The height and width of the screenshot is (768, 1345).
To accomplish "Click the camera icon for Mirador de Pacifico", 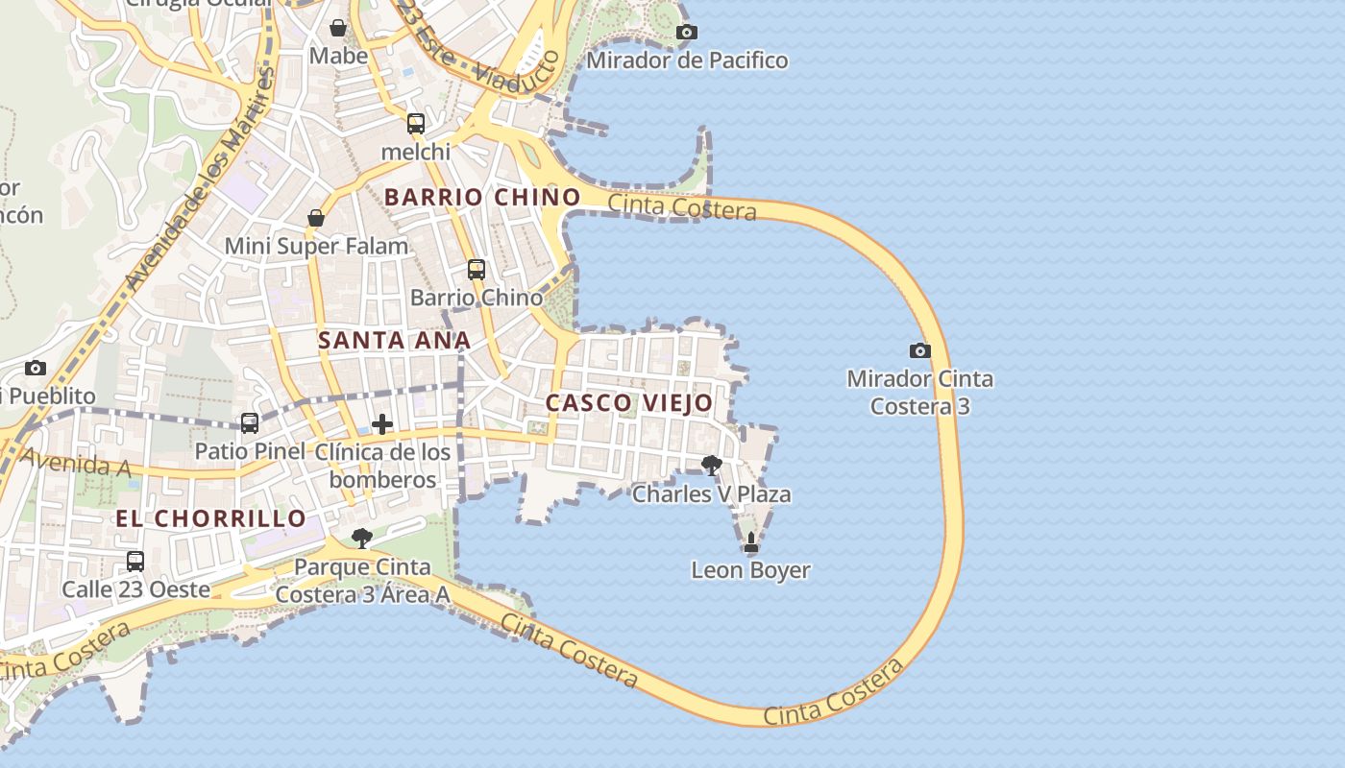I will tap(686, 33).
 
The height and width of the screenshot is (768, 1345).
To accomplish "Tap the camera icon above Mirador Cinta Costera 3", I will tap(919, 351).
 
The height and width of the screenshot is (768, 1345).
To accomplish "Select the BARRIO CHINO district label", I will tap(482, 198).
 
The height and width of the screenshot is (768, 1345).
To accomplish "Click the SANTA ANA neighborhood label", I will tap(395, 340).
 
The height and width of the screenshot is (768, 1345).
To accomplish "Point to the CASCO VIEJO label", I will tap(629, 403).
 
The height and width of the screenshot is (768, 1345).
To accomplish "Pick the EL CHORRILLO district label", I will tap(210, 519).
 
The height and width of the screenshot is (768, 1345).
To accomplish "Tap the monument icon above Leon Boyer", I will tap(751, 543).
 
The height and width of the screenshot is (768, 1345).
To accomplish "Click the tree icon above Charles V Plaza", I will tap(712, 467).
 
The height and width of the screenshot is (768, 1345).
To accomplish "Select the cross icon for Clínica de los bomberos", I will tap(382, 424).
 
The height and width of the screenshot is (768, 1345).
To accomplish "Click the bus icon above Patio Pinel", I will tap(250, 422).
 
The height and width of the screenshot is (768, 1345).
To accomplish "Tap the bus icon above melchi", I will tap(416, 124).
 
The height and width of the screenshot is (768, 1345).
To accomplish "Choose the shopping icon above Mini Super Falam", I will tap(316, 219).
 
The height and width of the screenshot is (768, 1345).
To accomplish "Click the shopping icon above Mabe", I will tap(338, 28).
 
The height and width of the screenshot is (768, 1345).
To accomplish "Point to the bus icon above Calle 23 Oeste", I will tap(135, 562).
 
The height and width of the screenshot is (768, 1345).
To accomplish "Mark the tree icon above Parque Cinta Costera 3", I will tap(362, 539).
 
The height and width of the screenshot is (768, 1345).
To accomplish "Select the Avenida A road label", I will tap(75, 464).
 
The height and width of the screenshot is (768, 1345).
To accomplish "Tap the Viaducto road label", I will tap(518, 73).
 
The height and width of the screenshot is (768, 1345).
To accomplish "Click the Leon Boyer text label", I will tap(751, 570).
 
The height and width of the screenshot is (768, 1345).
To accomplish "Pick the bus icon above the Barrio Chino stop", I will tap(477, 270).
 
